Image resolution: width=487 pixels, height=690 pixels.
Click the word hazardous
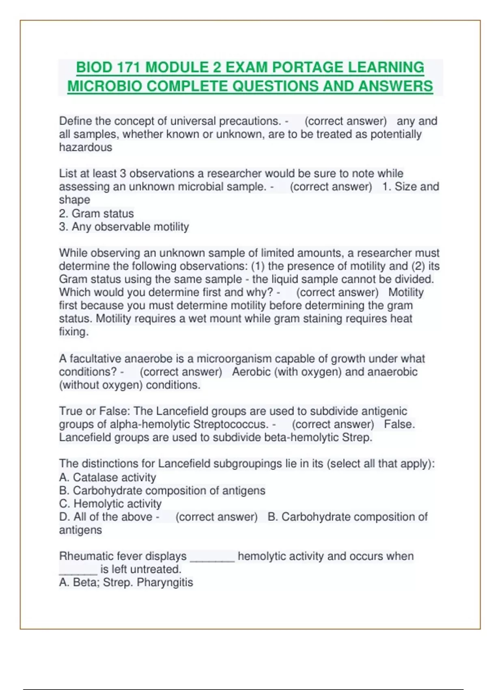pos(86,147)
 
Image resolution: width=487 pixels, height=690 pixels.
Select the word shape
pos(75,200)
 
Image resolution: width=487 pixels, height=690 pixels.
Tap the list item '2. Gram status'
pos(96,213)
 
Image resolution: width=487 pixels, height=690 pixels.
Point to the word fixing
pos(73,332)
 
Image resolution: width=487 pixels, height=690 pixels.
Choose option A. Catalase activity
pos(108,477)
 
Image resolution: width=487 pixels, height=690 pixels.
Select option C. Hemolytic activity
pos(110,504)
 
